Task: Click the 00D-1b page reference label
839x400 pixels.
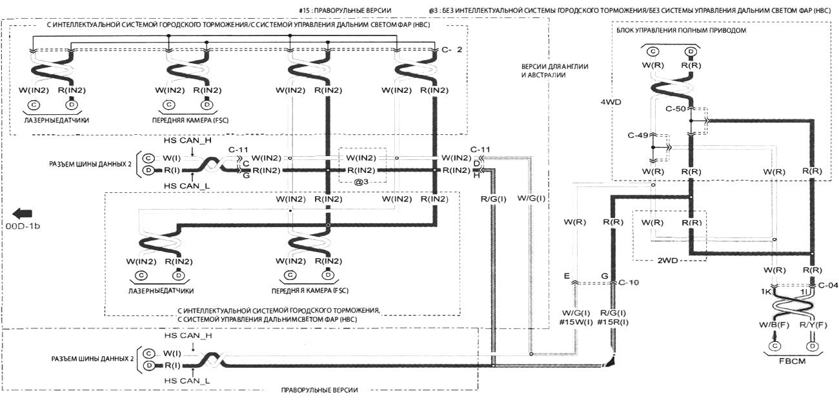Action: (24, 226)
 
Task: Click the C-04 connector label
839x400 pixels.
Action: (828, 284)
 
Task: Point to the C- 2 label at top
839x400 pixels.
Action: (452, 50)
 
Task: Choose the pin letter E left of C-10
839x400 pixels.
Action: (566, 276)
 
